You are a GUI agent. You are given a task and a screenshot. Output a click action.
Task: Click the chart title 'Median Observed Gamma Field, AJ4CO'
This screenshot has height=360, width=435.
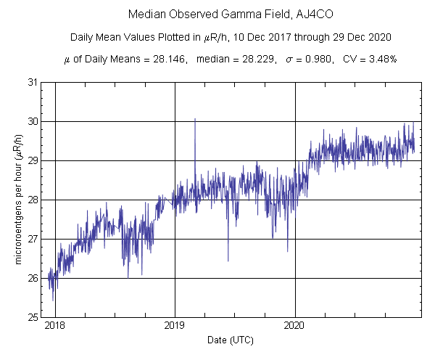pyautogui.click(x=217, y=15)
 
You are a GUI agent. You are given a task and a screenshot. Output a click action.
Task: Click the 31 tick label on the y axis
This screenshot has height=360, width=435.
pyautogui.click(x=33, y=82)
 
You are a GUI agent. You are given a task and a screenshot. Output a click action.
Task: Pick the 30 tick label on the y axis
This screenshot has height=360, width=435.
pyautogui.click(x=33, y=121)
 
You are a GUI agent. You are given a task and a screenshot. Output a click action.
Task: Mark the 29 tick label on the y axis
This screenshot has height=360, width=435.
pyautogui.click(x=33, y=160)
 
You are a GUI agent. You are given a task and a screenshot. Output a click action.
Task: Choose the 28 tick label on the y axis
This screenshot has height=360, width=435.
pyautogui.click(x=33, y=200)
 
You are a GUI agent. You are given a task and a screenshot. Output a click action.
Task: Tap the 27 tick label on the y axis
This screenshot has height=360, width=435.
pyautogui.click(x=33, y=239)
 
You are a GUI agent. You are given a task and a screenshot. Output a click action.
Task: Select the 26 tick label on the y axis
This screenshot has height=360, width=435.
pyautogui.click(x=33, y=278)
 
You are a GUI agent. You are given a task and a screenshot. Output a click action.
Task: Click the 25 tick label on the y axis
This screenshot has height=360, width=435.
pyautogui.click(x=33, y=317)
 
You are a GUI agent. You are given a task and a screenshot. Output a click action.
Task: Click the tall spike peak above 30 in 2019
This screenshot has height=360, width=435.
pyautogui.click(x=195, y=119)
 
